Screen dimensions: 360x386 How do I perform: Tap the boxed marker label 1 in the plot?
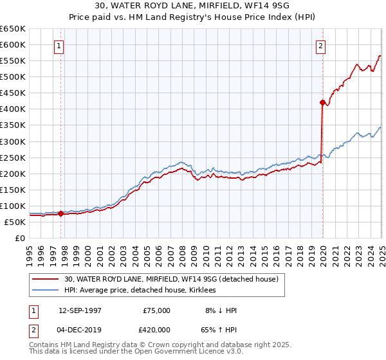[x=59, y=46]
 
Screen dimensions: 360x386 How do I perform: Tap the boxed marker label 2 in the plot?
[x=320, y=46]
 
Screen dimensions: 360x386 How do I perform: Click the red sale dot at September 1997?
[x=61, y=214]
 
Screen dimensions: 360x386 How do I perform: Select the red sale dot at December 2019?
[x=322, y=102]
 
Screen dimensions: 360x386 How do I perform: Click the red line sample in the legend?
[x=45, y=279]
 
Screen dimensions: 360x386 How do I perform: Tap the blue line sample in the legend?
[x=45, y=291]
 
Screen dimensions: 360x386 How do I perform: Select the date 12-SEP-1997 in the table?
[x=80, y=310]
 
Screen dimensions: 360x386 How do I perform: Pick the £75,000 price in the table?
[x=156, y=310]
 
